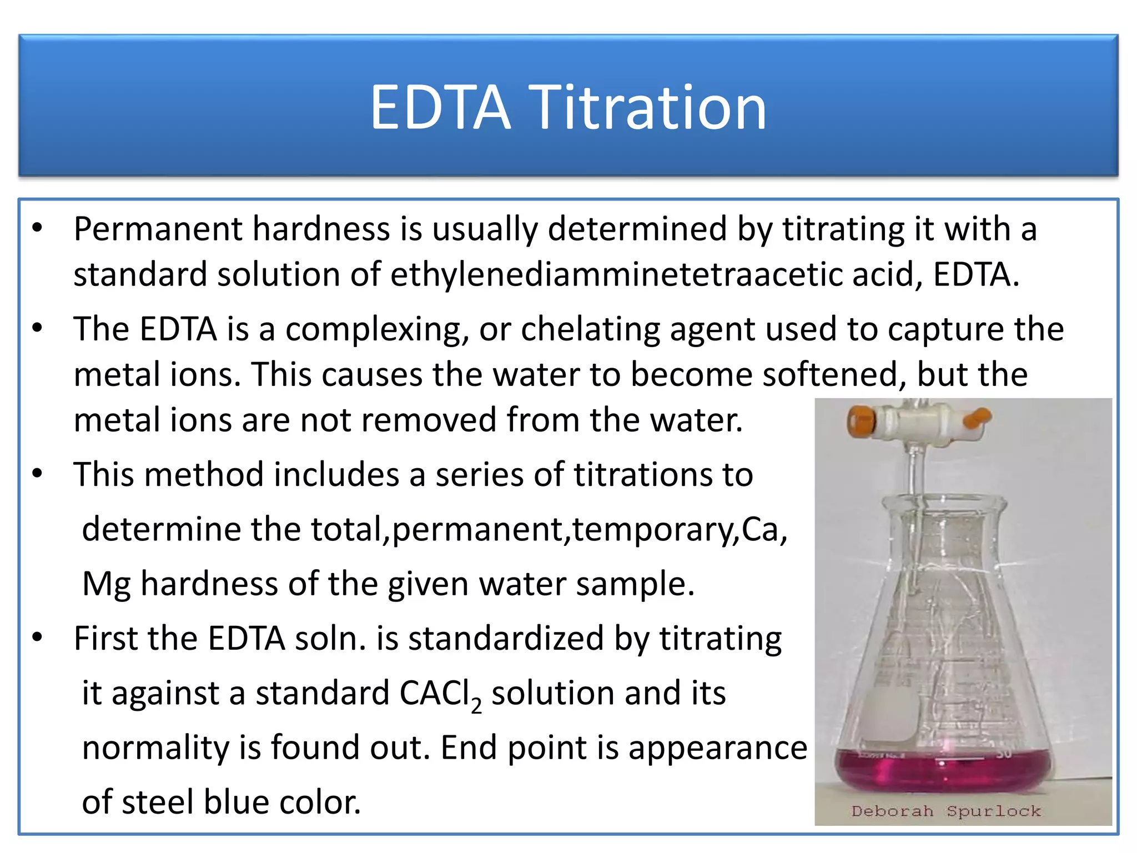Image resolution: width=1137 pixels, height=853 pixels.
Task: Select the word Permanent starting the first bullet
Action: click(158, 229)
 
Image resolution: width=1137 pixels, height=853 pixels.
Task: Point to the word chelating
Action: click(590, 329)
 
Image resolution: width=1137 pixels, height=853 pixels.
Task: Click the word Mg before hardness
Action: click(107, 585)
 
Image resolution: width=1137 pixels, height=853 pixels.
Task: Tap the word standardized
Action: click(506, 638)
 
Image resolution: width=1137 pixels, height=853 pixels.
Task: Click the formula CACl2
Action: click(440, 694)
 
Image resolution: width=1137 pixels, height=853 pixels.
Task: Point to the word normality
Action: click(155, 747)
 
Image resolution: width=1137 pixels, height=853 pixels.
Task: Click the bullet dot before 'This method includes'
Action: click(37, 474)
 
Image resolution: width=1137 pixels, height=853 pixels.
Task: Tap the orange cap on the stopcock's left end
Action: click(861, 422)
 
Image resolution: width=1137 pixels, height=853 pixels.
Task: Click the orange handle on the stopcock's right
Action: click(978, 417)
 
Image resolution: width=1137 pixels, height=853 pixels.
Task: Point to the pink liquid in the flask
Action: click(944, 769)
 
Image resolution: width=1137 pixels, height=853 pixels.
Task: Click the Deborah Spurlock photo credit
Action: click(946, 811)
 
